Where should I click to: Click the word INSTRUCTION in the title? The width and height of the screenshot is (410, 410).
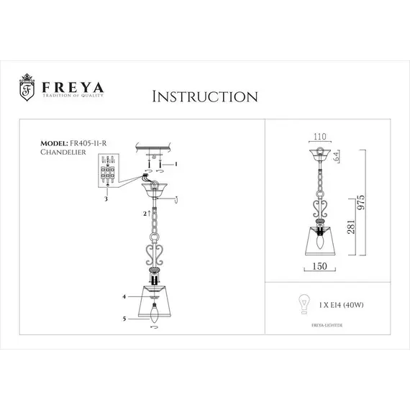point(204,96)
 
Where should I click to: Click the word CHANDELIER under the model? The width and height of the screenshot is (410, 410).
point(63,152)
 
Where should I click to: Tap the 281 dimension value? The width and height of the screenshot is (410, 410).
point(350,232)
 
